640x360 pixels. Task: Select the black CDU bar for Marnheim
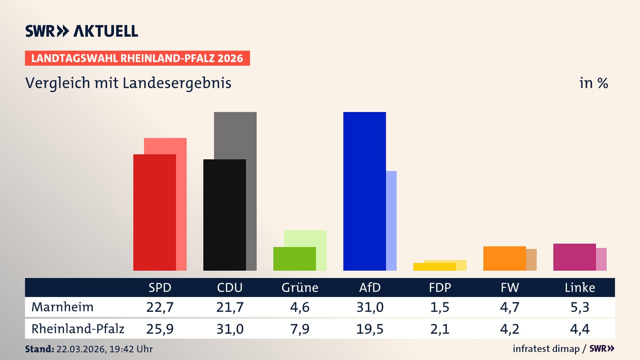(224, 215)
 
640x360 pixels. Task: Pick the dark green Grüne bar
(294, 259)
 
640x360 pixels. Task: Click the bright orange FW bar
(504, 258)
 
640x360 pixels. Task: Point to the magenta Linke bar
(574, 257)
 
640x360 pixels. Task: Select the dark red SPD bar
(154, 212)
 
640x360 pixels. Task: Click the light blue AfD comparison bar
(391, 220)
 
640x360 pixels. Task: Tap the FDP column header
(440, 288)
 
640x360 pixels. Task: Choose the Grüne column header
(300, 288)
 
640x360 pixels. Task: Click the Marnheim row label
(62, 307)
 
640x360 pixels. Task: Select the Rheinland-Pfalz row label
(78, 329)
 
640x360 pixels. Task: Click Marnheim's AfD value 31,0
(370, 307)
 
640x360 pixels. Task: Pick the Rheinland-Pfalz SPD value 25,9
(160, 329)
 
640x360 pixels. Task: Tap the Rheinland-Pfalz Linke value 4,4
(580, 329)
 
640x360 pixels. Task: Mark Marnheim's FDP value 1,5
(440, 307)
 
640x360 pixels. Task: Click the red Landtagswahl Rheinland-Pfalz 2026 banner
(137, 58)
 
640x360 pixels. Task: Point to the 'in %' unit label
(593, 83)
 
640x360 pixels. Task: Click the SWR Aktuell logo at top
(82, 31)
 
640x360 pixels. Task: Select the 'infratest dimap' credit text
(546, 349)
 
